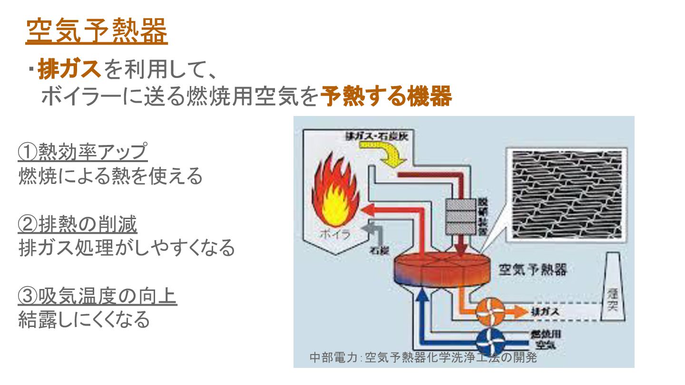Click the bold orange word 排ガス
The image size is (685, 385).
(x=69, y=69)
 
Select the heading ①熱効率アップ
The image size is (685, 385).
(x=83, y=152)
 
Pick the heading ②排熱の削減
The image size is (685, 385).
(x=78, y=224)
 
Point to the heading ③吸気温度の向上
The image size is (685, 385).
(x=97, y=297)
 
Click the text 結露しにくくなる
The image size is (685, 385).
(x=84, y=319)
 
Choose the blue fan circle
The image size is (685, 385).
(x=490, y=340)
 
